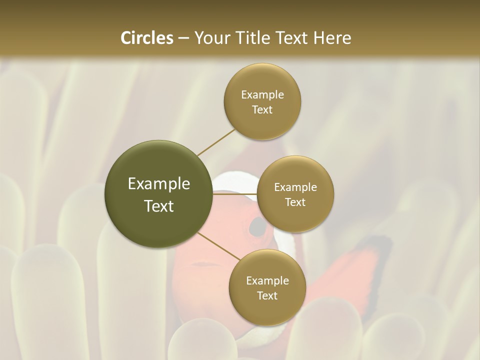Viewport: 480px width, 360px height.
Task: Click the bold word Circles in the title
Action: point(146,38)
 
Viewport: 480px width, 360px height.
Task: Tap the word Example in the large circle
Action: point(159,184)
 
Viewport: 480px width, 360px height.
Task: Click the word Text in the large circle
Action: point(159,206)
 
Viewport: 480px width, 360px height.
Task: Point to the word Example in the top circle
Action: point(262,95)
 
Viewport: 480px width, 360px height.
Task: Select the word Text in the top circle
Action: point(262,110)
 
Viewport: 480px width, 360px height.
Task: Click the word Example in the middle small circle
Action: point(295,187)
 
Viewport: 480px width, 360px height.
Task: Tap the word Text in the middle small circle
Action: point(295,202)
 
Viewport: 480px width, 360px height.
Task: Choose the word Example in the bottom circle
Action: point(267,281)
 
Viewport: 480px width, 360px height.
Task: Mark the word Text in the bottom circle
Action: point(267,296)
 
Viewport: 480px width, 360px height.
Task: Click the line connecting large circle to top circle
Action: point(216,142)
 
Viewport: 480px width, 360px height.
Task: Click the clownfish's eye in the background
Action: point(257,227)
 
